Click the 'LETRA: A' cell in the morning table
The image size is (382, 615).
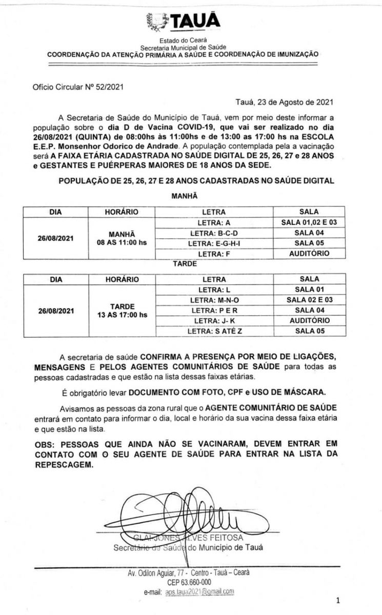pyautogui.click(x=214, y=222)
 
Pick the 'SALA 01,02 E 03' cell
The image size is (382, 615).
pyautogui.click(x=309, y=222)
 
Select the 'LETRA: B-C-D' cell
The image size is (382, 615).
pyautogui.click(x=214, y=233)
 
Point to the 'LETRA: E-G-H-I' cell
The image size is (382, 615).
pyautogui.click(x=214, y=243)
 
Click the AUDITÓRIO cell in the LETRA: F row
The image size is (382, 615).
pyautogui.click(x=309, y=253)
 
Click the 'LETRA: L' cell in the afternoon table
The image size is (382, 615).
pyautogui.click(x=214, y=290)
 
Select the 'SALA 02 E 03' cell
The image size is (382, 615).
pyautogui.click(x=309, y=300)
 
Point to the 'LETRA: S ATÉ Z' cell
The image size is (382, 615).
pyautogui.click(x=214, y=331)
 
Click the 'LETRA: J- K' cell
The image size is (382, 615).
pyautogui.click(x=214, y=320)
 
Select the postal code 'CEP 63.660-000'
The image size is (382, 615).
pyautogui.click(x=189, y=582)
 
